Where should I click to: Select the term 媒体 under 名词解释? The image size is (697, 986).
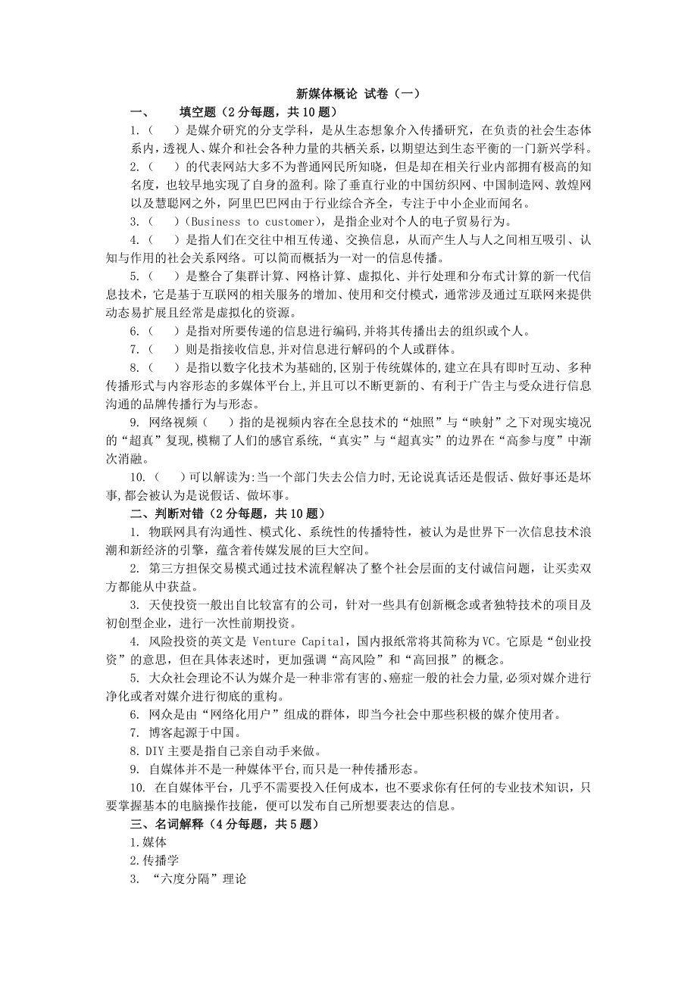[x=156, y=842]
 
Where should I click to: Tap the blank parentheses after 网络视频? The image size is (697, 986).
[x=219, y=421]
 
